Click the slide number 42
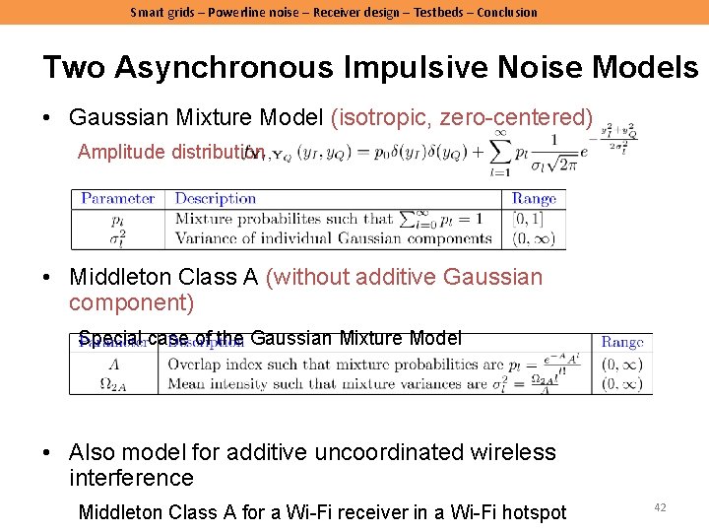click(660, 507)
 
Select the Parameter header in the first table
click(118, 199)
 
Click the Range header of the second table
click(622, 343)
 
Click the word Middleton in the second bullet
click(129, 278)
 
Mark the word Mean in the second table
click(188, 384)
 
